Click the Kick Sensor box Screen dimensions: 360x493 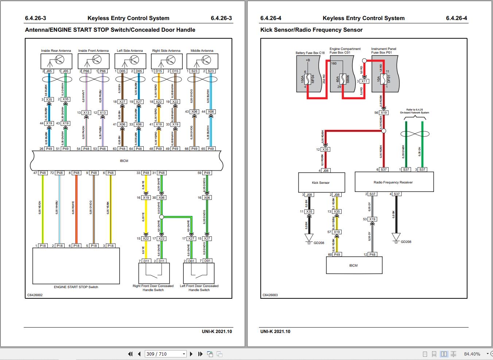[321, 182]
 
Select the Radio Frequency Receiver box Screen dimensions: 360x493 [394, 182]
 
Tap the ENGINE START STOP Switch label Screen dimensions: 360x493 [76, 287]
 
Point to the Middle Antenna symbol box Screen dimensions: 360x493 [202, 61]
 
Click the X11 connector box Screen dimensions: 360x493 [364, 81]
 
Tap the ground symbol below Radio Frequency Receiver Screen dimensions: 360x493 [396, 238]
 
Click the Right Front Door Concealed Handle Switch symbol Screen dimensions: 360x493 [154, 272]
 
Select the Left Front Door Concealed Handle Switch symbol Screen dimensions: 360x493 [199, 272]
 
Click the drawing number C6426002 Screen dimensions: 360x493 [35, 295]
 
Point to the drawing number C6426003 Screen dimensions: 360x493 [270, 295]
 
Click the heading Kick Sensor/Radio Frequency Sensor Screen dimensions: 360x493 [311, 30]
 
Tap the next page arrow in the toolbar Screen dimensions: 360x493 [191, 354]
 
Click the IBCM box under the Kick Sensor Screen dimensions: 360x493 [354, 266]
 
